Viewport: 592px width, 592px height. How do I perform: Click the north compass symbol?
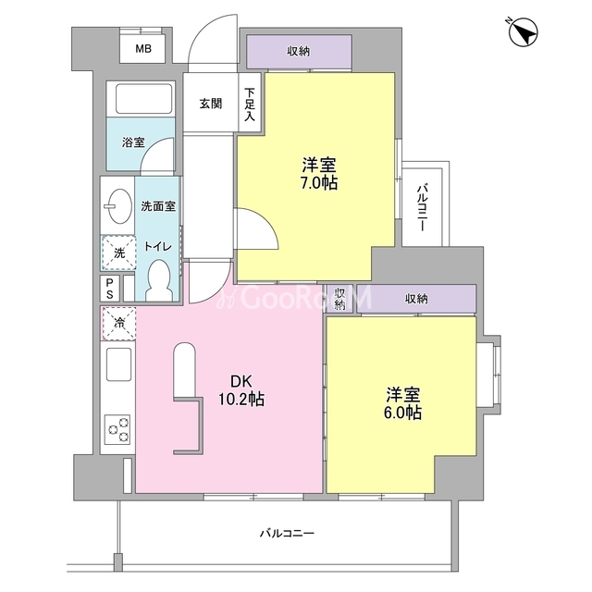pos(524,32)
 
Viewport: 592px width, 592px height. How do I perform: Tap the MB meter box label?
pos(143,49)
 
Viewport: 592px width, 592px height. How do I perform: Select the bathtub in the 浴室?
pos(144,99)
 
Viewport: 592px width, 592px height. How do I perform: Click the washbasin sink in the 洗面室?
pos(119,206)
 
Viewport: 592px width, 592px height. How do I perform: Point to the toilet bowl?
pos(160,280)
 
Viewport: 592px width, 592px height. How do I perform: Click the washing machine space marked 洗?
pos(118,253)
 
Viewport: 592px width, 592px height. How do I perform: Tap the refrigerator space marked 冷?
pos(118,323)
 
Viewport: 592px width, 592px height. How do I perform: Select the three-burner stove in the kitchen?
pos(117,429)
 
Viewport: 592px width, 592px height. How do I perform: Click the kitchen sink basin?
pos(118,364)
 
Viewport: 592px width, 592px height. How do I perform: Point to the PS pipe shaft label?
pos(109,289)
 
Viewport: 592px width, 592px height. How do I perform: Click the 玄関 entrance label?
pos(211,104)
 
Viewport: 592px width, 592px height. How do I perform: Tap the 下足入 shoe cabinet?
pos(250,103)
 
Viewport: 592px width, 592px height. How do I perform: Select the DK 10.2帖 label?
pos(241,390)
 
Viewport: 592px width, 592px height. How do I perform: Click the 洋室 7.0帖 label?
pos(319,173)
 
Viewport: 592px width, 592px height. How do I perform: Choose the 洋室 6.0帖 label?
pos(403,403)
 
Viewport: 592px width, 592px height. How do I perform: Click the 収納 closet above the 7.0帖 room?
pos(299,52)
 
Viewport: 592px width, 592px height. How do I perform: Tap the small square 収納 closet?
pos(339,299)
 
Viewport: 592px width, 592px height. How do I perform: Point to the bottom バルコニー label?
pos(287,534)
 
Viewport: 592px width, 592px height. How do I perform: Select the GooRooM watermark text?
pos(294,298)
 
